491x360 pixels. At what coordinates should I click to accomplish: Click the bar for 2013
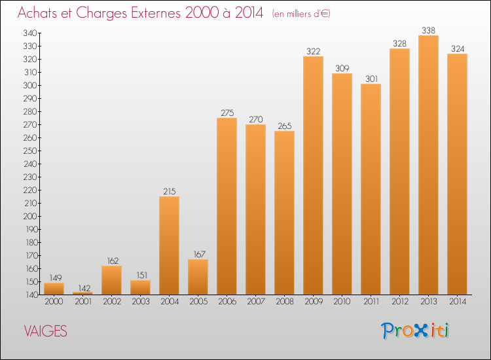pyautogui.click(x=428, y=165)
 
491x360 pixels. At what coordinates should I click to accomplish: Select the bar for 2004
pyautogui.click(x=169, y=245)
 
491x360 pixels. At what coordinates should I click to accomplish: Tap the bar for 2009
pyautogui.click(x=313, y=175)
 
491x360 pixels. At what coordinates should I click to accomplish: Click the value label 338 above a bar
pyautogui.click(x=428, y=29)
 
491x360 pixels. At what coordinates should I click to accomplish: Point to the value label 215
pyautogui.click(x=169, y=191)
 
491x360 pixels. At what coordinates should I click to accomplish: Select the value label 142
pyautogui.click(x=82, y=287)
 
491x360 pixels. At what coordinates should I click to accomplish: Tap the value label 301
pyautogui.click(x=371, y=79)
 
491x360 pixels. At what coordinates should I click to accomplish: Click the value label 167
pyautogui.click(x=198, y=254)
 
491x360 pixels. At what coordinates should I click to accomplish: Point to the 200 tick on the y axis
pyautogui.click(x=30, y=216)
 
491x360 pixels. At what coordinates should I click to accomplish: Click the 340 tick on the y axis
pyautogui.click(x=30, y=33)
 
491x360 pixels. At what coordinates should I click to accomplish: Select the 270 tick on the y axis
pyautogui.click(x=30, y=124)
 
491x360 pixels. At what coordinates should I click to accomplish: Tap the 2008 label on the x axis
pyautogui.click(x=284, y=302)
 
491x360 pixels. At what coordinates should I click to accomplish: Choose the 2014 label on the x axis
pyautogui.click(x=457, y=302)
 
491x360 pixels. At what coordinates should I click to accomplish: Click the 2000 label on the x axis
pyautogui.click(x=54, y=302)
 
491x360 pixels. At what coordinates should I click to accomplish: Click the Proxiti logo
pyautogui.click(x=416, y=331)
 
